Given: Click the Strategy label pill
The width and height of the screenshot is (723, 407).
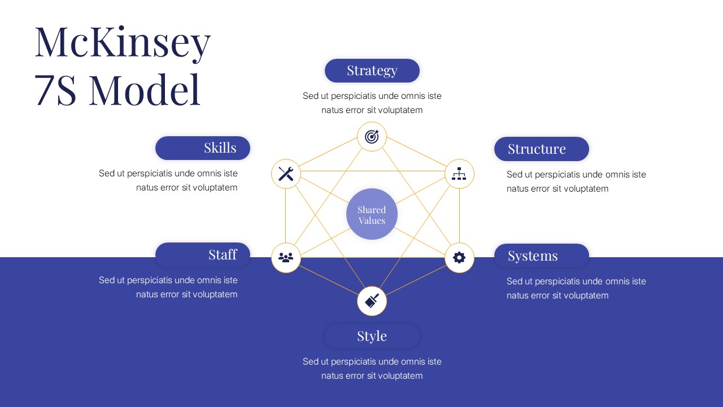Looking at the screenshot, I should coord(372,71).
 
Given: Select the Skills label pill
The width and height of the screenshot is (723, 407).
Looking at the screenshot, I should coord(203,148).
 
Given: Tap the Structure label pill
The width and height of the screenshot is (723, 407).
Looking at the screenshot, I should coord(541,149).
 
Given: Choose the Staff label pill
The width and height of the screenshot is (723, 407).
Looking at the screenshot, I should coord(203,255).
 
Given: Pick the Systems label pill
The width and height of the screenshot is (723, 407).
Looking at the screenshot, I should coord(541,256).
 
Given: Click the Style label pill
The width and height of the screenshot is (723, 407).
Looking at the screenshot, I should coord(372,336).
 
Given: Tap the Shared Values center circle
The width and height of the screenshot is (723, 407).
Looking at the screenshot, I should coord(372,214).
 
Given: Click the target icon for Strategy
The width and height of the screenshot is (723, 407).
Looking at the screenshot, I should coord(372,136).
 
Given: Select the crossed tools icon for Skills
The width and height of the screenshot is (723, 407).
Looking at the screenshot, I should coord(286,174).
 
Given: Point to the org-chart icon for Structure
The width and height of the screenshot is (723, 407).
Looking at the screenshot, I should coord(459,174).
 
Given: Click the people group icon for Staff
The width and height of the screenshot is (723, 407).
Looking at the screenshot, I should coord(286,258).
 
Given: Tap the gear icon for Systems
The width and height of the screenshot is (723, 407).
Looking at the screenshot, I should coord(459,258).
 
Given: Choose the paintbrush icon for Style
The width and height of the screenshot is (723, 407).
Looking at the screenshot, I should coord(372,301).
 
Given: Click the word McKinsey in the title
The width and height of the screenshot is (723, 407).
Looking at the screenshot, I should coord(123,42).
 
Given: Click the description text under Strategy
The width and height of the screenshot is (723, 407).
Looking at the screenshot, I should coord(372,103).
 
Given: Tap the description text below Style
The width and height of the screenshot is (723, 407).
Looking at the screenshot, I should coord(372,369).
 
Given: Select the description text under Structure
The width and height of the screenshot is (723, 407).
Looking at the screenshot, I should coord(576,181).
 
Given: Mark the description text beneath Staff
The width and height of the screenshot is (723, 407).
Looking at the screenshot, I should coord(168,287).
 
